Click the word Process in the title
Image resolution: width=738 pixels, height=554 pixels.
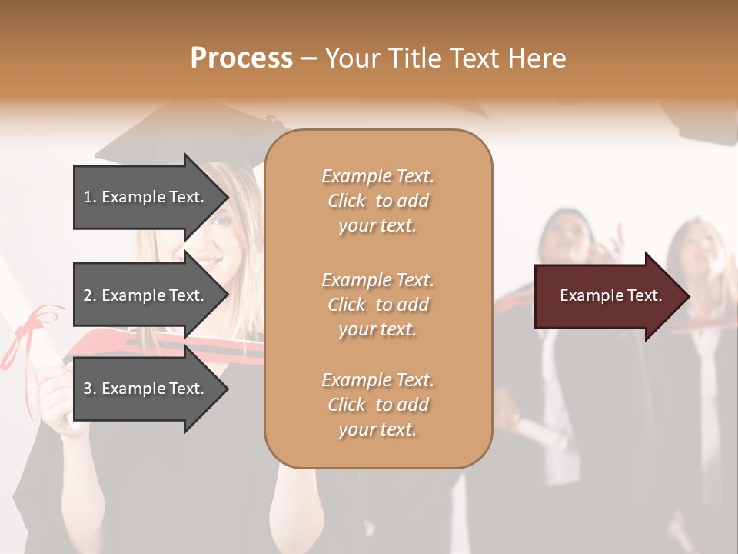pyautogui.click(x=241, y=58)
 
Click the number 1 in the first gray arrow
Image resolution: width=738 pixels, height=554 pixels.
pyautogui.click(x=87, y=197)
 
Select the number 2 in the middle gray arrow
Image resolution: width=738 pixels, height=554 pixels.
pyautogui.click(x=88, y=295)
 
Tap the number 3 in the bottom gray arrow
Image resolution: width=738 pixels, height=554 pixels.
pyautogui.click(x=88, y=389)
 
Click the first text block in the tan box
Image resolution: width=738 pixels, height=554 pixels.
pyautogui.click(x=377, y=201)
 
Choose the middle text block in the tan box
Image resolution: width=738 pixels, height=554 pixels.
pyautogui.click(x=377, y=304)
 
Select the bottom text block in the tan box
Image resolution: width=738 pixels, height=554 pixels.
pyautogui.click(x=377, y=404)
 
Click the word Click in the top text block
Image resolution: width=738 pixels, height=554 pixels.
pyautogui.click(x=346, y=201)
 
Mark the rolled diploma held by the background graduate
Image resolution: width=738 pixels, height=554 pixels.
pyautogui.click(x=538, y=431)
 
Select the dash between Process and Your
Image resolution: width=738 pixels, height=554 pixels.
pyautogui.click(x=308, y=59)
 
